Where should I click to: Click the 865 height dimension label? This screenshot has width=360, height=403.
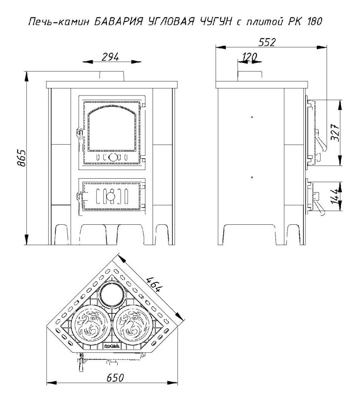[x=22, y=158]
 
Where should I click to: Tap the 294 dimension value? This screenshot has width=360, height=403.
[x=110, y=57]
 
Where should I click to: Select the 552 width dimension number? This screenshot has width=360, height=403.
[x=267, y=42]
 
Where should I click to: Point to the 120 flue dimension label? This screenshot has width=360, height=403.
[x=249, y=57]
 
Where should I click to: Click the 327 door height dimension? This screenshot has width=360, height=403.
[x=335, y=133]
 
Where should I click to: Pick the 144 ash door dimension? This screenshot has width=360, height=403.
[x=334, y=197]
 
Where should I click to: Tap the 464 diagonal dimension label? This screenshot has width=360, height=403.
[x=154, y=284]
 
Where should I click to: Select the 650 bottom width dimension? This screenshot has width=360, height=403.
[x=115, y=378]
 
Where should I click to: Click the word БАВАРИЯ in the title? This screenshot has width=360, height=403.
[x=118, y=22]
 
